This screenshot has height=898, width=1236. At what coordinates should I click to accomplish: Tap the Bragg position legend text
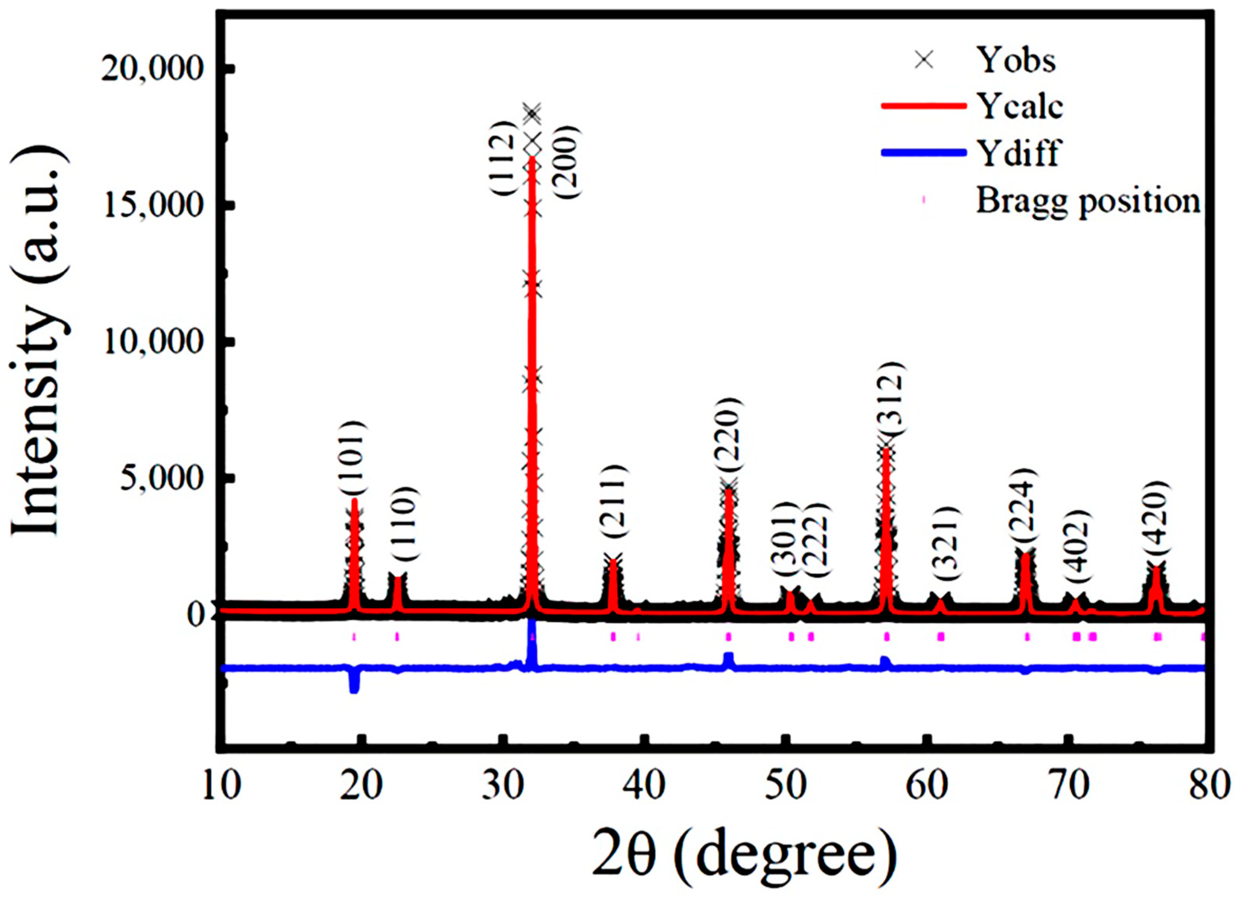point(1087,201)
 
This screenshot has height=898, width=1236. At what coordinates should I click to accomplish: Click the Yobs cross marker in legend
point(924,60)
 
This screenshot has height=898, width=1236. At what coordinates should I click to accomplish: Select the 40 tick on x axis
point(645,786)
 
